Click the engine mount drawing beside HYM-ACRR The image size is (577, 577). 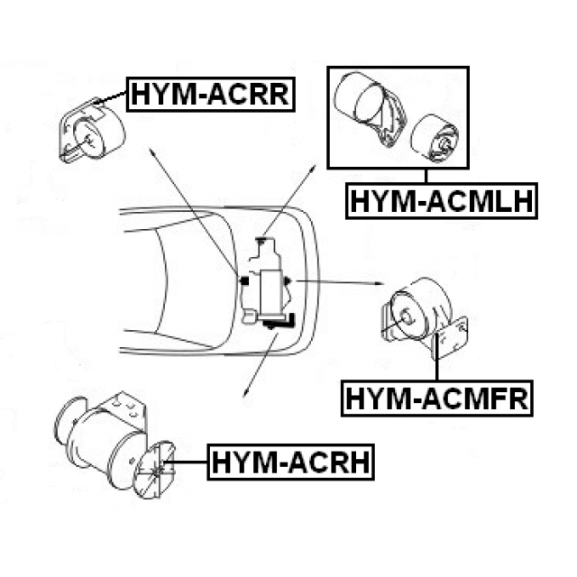[x=91, y=133]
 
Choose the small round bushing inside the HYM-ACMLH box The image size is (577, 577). [x=435, y=138]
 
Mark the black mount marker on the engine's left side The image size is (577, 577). [x=243, y=280]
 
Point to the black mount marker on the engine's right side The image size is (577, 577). [x=288, y=280]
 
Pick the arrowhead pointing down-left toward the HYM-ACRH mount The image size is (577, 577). [x=246, y=394]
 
